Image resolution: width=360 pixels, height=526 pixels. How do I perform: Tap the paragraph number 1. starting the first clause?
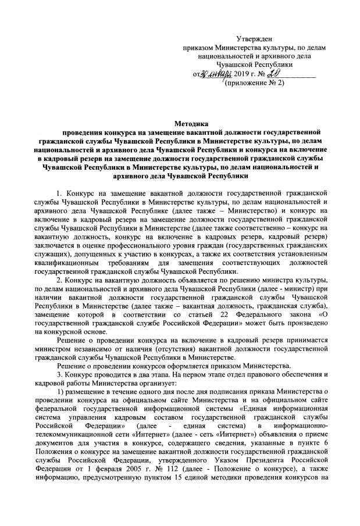60,192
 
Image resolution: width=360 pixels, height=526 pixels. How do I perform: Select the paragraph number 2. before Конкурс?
60,281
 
